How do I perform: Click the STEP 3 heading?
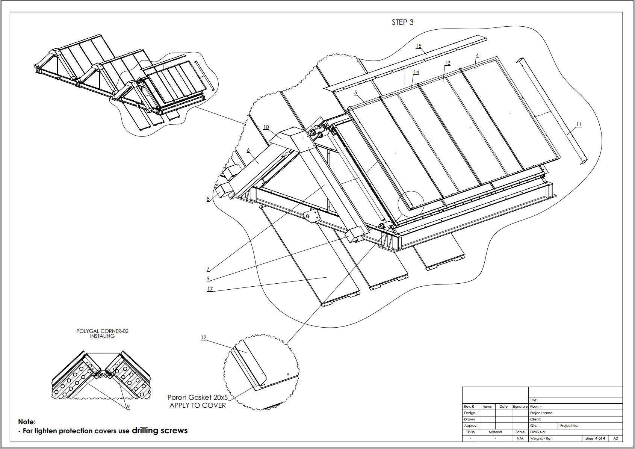pos(402,22)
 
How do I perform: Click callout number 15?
pos(419,46)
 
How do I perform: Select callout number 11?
pos(579,124)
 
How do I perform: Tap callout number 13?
pos(448,63)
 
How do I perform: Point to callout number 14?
pos(416,72)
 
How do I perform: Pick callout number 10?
pos(266,127)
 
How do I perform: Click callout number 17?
pos(210,289)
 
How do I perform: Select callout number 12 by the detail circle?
pos(204,337)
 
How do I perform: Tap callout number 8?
pos(208,199)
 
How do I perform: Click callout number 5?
pos(355,92)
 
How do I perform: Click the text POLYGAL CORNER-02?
pos(102,331)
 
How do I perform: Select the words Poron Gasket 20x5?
pos(198,398)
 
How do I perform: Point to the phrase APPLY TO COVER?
pos(198,405)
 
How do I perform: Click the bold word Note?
pos(27,422)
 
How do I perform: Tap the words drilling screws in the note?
pos(160,430)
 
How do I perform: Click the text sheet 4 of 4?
pos(595,438)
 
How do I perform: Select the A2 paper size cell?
pos(616,438)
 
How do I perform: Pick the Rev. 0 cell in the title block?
pos(469,407)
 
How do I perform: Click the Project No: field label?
pos(569,425)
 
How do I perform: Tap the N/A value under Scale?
pos(520,438)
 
